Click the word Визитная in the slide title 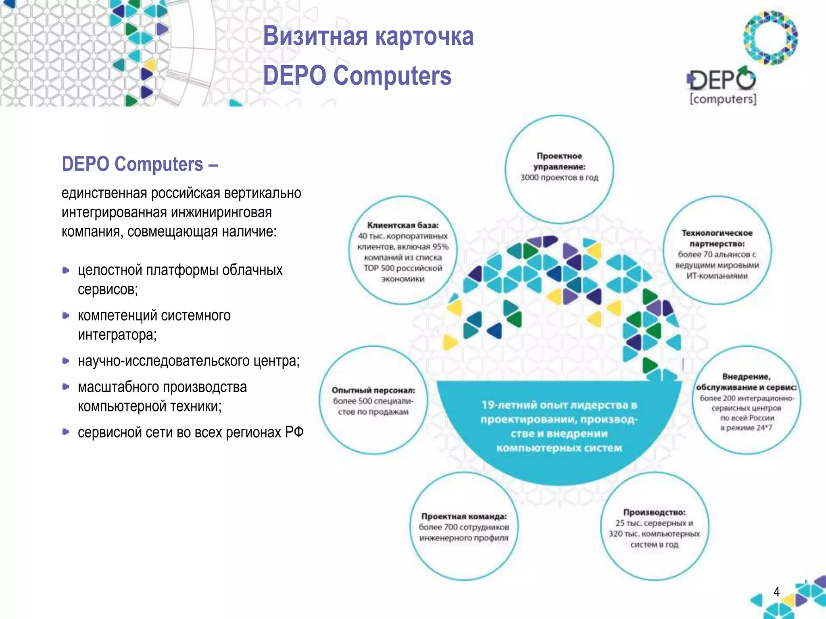(315, 36)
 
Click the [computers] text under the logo (723, 99)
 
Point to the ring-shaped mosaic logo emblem (770, 38)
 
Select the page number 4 (776, 592)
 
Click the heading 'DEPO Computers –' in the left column (140, 164)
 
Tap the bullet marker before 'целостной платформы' (66, 270)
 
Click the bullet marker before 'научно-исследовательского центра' (66, 361)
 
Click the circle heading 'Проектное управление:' (559, 161)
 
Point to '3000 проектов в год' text (559, 178)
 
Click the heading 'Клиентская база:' (403, 225)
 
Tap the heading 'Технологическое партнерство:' (717, 238)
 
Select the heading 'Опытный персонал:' (373, 390)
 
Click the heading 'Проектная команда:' (464, 516)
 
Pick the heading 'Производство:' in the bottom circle (654, 512)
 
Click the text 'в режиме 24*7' (746, 428)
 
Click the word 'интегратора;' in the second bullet (117, 335)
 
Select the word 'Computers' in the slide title (392, 76)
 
